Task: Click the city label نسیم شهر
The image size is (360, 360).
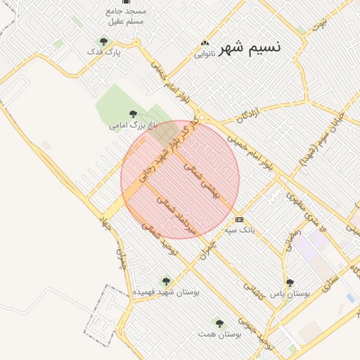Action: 250,48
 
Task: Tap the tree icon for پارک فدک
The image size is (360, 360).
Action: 104,41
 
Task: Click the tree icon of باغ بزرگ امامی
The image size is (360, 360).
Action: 133,114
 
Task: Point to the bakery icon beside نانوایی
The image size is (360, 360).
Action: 205,43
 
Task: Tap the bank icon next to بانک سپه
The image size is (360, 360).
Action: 239,219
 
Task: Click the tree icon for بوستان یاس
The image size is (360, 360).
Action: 290,283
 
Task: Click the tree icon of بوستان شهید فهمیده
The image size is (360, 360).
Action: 166,281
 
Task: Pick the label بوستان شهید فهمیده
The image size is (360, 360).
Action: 167,292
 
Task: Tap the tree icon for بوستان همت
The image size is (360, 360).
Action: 219,323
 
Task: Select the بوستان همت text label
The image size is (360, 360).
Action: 219,334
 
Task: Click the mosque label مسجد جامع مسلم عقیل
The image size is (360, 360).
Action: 125,16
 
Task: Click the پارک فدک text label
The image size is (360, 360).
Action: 104,52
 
